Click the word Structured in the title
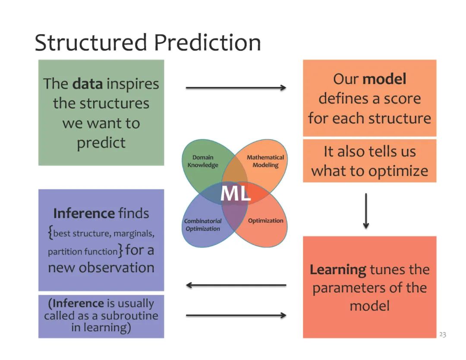point(91,43)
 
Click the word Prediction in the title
point(207,43)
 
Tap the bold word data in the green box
point(88,84)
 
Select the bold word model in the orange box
point(384,79)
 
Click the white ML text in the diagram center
point(235,194)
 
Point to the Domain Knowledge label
point(203,161)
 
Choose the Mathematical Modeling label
point(265,161)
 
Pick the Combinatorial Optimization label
point(203,225)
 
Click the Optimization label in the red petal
point(266,221)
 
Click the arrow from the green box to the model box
point(236,88)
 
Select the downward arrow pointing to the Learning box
point(366,211)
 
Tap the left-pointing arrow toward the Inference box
point(236,285)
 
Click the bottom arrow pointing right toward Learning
point(236,316)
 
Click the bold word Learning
point(338,270)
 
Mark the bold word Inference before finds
point(83,213)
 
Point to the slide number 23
point(443,335)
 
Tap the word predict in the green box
point(101,143)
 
